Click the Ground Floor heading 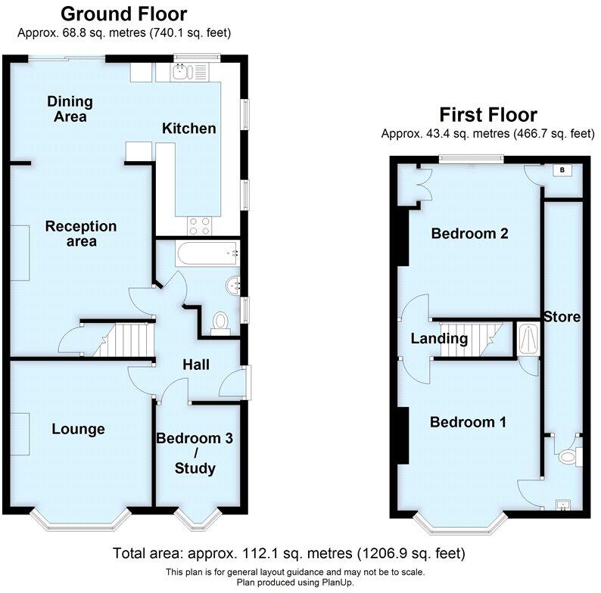pyautogui.click(x=123, y=14)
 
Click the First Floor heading pyautogui.click(x=488, y=115)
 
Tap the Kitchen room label pyautogui.click(x=189, y=129)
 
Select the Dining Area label pyautogui.click(x=70, y=109)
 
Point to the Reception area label pyautogui.click(x=81, y=234)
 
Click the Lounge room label pyautogui.click(x=78, y=430)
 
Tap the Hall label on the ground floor pyautogui.click(x=196, y=365)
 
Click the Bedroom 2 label pyautogui.click(x=469, y=234)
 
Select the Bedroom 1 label pyautogui.click(x=468, y=422)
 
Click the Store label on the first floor pyautogui.click(x=562, y=317)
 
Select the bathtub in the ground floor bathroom pyautogui.click(x=207, y=253)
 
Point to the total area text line pyautogui.click(x=288, y=553)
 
